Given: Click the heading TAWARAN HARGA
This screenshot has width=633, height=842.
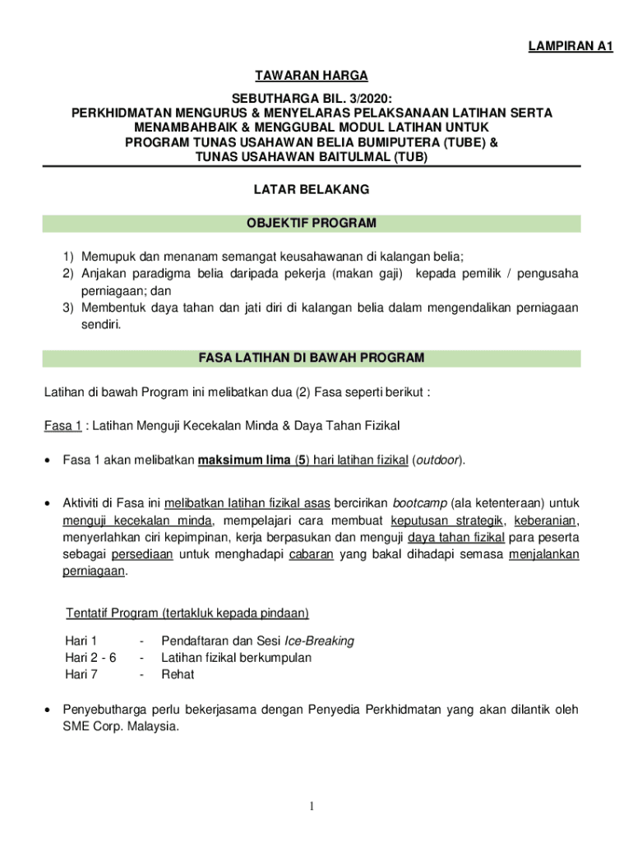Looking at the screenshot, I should [x=312, y=76].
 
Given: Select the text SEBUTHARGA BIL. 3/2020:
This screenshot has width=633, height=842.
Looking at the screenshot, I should [x=312, y=98].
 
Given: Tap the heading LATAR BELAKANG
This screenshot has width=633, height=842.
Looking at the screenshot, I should [x=312, y=189].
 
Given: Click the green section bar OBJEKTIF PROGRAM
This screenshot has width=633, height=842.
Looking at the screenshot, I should [x=312, y=223].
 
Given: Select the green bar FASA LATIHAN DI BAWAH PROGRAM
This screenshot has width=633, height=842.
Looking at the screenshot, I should [x=312, y=358].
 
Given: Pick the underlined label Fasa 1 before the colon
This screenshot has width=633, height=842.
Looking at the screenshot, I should [x=62, y=426].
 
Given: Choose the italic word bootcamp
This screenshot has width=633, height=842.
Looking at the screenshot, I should [x=419, y=502].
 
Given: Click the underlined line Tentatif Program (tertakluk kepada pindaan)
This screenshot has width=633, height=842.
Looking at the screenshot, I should [x=187, y=613].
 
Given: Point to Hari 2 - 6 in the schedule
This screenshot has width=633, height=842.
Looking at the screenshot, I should [x=90, y=658].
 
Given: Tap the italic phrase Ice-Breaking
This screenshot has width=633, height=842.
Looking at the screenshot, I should [x=319, y=641].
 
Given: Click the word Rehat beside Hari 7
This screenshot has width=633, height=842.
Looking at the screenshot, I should [x=178, y=675].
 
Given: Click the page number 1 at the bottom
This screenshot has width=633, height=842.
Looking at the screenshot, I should [x=312, y=807].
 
